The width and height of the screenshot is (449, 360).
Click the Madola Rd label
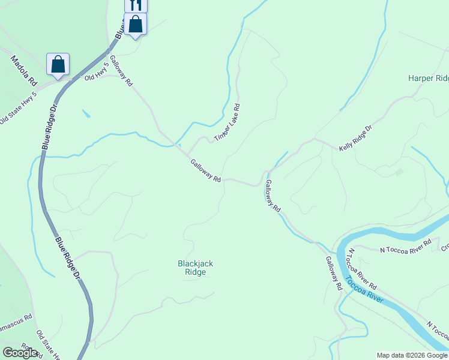[25, 70]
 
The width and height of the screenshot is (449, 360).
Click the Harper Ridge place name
[428, 78]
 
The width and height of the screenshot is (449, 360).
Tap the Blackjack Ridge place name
[195, 268]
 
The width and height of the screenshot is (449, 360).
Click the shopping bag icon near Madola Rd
[58, 64]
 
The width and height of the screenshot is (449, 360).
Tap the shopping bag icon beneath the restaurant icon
[136, 25]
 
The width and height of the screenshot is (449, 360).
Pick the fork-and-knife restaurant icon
[136, 5]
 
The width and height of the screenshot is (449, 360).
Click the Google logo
[20, 352]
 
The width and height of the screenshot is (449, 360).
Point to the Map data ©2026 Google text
[412, 355]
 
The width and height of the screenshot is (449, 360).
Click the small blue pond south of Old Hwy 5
[87, 113]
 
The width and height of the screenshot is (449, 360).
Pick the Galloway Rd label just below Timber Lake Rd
[206, 170]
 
